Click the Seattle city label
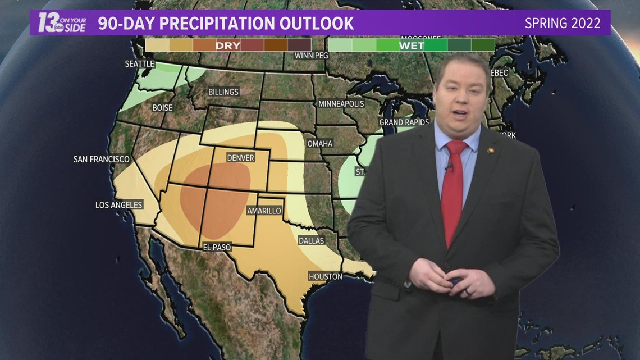[139, 63]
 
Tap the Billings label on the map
[223, 92]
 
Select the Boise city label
[162, 107]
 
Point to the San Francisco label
[102, 160]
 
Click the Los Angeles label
[119, 205]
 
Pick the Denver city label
[240, 158]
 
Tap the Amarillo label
[264, 211]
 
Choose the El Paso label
[217, 247]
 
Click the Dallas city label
[311, 240]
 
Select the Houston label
[325, 276]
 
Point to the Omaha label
[319, 143]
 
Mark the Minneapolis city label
[341, 103]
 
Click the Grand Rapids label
[404, 122]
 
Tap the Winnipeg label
[311, 56]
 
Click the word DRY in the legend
[228, 45]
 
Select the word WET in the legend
[412, 45]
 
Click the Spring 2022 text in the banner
[563, 23]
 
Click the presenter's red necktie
[454, 191]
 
